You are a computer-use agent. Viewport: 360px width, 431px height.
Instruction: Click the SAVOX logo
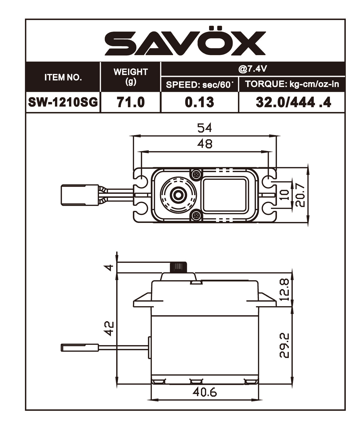185,43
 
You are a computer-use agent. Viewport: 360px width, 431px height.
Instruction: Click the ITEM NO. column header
63,77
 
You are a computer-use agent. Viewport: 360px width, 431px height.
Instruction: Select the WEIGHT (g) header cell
130,77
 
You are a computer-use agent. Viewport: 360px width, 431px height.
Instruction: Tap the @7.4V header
253,69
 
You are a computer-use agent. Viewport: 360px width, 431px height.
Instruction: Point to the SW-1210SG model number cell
63,102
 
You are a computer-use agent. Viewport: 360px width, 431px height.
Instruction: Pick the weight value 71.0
130,102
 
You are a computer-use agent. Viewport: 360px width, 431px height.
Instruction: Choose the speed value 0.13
199,102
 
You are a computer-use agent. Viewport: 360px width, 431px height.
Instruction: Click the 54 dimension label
205,128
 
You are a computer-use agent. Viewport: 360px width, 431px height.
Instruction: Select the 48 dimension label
205,144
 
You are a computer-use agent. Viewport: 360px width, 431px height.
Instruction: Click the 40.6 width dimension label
205,392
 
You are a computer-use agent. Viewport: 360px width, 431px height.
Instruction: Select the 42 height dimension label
110,329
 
